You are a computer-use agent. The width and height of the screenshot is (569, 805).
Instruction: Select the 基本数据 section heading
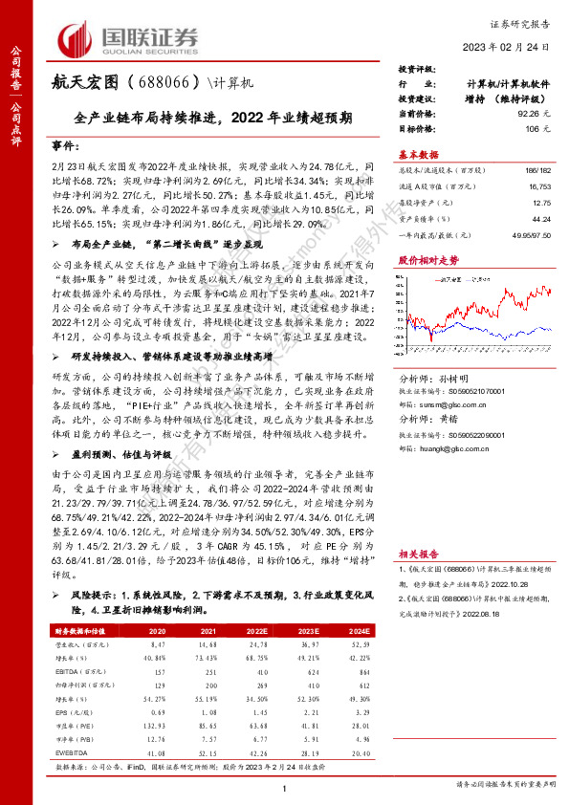click(419, 153)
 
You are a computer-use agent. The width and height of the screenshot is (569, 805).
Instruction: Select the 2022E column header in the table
click(257, 631)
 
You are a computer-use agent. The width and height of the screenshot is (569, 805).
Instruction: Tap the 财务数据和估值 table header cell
click(80, 631)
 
